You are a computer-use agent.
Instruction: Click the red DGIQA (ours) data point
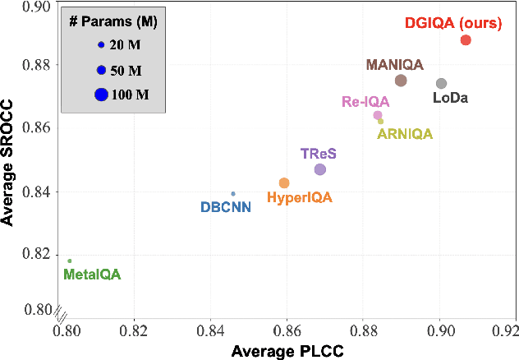(466, 39)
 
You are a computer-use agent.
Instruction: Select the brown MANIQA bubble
(401, 81)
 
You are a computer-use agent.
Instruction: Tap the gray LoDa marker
(441, 83)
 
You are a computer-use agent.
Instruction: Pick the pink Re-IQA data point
(378, 115)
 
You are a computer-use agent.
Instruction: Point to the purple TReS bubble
(320, 169)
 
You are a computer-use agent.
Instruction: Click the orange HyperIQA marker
(284, 182)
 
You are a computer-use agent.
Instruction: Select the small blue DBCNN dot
(233, 194)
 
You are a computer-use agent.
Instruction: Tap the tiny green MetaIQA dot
(69, 261)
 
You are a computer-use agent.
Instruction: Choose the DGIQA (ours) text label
(452, 23)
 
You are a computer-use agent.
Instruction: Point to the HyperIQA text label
(300, 198)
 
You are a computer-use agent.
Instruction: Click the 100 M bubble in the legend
(101, 95)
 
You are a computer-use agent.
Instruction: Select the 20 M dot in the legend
(101, 45)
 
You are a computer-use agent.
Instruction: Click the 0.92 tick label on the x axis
(504, 331)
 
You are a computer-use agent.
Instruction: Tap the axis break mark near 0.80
(57, 312)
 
